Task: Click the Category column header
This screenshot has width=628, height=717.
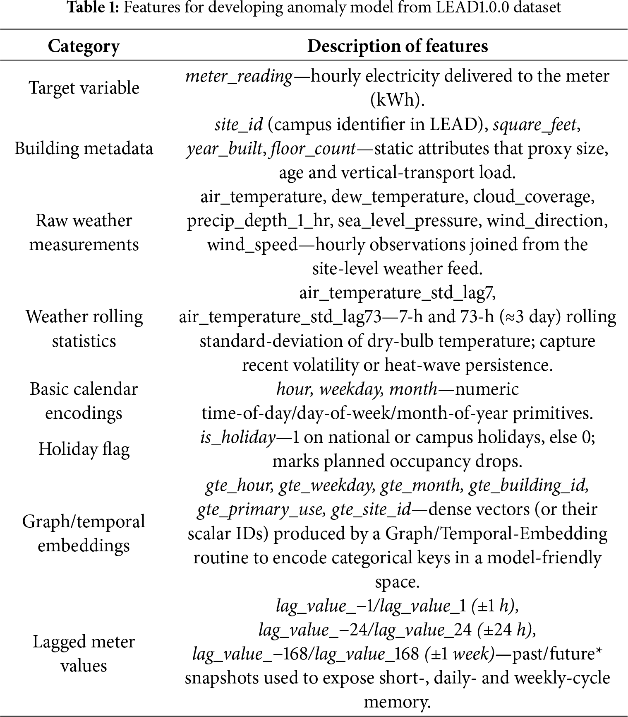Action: click(84, 46)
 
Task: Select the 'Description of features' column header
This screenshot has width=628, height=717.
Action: click(397, 46)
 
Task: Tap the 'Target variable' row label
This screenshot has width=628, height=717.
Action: click(84, 88)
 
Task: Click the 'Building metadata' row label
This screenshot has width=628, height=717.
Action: click(84, 148)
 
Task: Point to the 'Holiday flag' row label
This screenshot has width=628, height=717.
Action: click(84, 449)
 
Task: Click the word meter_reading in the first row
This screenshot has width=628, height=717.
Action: click(240, 76)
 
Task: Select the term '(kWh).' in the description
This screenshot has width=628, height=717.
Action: click(397, 100)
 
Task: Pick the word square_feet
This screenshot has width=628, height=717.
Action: click(535, 124)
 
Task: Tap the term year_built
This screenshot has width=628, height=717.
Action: click(225, 148)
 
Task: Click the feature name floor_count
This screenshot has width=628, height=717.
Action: click(313, 148)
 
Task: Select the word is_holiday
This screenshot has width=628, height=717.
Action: click(238, 437)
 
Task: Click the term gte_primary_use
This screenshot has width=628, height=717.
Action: click(259, 509)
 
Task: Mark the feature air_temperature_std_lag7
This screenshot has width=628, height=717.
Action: click(397, 292)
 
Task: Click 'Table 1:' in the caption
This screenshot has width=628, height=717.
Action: click(93, 8)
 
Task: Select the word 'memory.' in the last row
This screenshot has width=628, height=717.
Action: click(397, 702)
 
